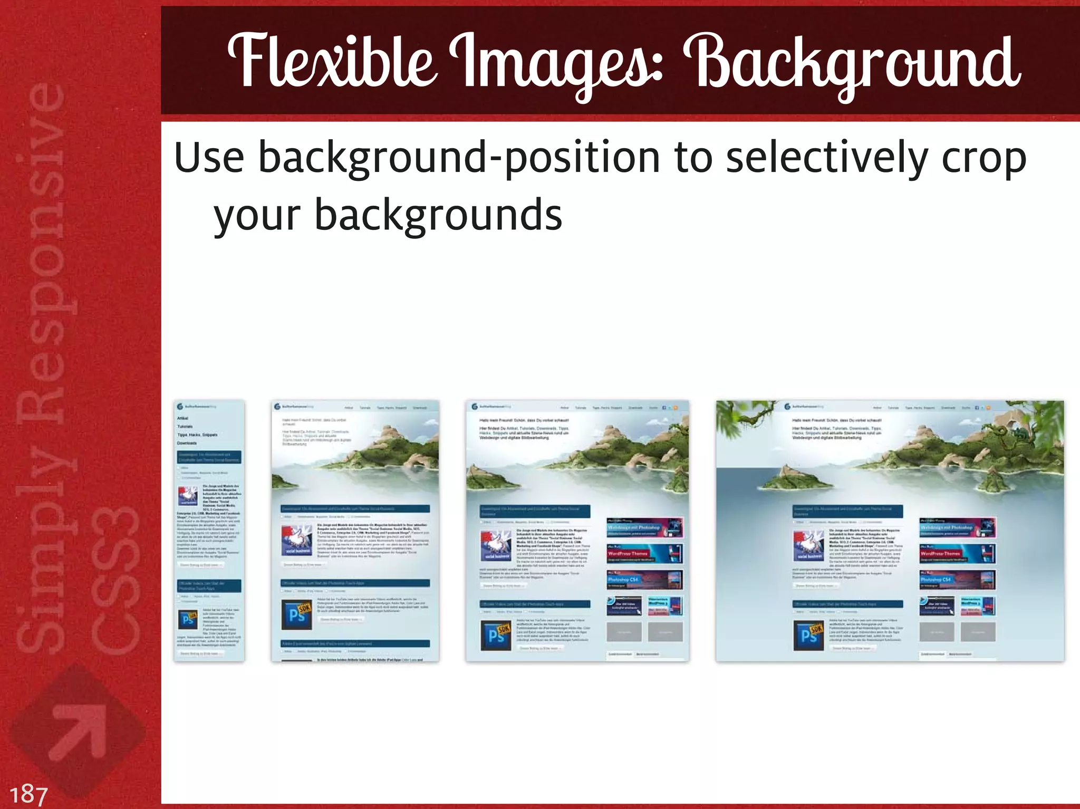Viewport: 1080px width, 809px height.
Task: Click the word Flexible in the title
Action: tap(332, 62)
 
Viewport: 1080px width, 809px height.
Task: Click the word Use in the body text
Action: tap(209, 157)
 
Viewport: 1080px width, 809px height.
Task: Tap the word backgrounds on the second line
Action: tap(439, 215)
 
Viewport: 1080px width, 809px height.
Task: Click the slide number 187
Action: tap(28, 794)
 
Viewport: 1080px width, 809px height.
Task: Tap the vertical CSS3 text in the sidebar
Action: tap(115, 580)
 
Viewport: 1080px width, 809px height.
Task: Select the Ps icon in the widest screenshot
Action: tap(808, 635)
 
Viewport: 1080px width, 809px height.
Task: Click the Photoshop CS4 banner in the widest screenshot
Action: tap(957, 580)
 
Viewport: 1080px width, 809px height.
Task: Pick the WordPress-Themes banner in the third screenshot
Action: tap(644, 553)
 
